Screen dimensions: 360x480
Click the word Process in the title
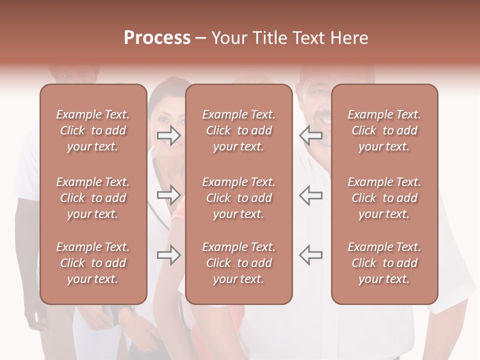pyautogui.click(x=157, y=38)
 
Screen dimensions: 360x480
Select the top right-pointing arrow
pyautogui.click(x=169, y=135)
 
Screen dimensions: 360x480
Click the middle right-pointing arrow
pyautogui.click(x=169, y=194)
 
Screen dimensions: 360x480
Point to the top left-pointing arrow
pyautogui.click(x=310, y=135)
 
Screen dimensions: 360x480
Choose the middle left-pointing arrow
pyautogui.click(x=310, y=194)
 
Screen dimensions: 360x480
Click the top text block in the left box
pyautogui.click(x=93, y=130)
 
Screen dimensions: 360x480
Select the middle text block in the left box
pyautogui.click(x=93, y=198)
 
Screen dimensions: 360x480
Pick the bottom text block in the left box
pyautogui.click(x=93, y=263)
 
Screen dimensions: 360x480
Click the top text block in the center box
pyautogui.click(x=239, y=130)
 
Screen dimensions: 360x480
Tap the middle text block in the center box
pyautogui.click(x=239, y=198)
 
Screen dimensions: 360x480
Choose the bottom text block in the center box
pyautogui.click(x=239, y=263)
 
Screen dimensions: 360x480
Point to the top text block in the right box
pyautogui.click(x=384, y=130)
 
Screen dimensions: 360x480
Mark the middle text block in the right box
pyautogui.click(x=384, y=198)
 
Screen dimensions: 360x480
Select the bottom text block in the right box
pyautogui.click(x=384, y=263)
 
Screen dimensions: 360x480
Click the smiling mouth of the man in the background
pyautogui.click(x=324, y=121)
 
